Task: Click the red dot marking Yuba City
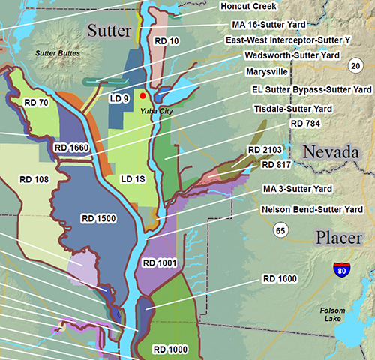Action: [142, 96]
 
